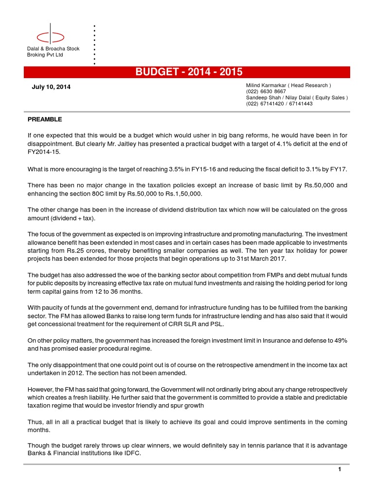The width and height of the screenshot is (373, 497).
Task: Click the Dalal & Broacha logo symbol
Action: click(51, 36)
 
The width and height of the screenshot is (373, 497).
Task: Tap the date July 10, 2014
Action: click(51, 87)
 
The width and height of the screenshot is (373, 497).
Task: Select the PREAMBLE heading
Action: click(45, 119)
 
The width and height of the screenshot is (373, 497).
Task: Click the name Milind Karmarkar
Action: click(267, 85)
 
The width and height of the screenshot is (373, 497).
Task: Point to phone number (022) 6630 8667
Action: click(266, 91)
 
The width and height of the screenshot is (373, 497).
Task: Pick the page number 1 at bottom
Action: click(340, 469)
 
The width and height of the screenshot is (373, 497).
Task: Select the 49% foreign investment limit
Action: click(339, 341)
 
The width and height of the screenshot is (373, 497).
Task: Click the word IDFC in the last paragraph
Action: click(140, 454)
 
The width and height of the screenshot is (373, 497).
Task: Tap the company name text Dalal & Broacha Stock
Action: click(53, 49)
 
